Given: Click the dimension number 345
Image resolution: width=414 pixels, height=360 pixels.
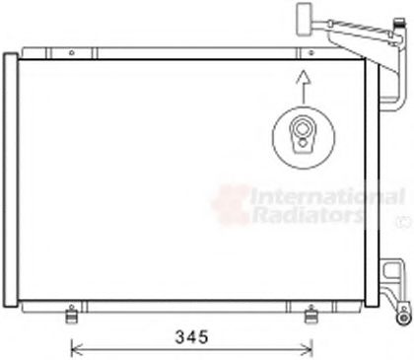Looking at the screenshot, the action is pos(191,337).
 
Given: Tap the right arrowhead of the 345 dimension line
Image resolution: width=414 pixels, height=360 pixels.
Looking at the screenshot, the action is pos(310,351).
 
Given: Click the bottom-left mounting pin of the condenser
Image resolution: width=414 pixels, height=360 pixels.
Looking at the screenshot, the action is pos(71,315).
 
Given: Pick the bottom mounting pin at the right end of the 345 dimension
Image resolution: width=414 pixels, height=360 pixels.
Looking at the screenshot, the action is pos(310,315).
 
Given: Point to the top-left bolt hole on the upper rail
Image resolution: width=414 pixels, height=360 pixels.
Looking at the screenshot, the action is pos(72,52).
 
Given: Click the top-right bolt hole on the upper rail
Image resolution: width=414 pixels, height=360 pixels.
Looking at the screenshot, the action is pos(310,52).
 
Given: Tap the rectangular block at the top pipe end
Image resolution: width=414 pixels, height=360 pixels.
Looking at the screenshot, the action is pos(304,19).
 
